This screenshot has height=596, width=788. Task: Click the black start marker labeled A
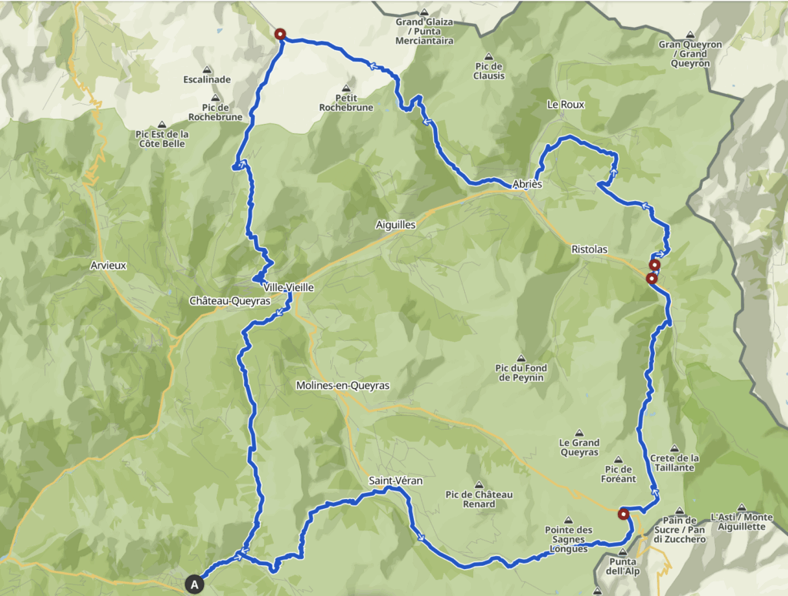tap(195, 584)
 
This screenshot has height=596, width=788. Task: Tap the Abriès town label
tap(527, 184)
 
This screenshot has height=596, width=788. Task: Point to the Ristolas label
tap(589, 249)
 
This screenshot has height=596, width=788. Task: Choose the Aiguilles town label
tap(396, 224)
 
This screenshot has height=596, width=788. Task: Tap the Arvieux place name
tap(108, 265)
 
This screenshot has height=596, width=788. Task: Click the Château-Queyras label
tap(229, 301)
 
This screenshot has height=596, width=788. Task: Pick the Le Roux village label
tap(566, 104)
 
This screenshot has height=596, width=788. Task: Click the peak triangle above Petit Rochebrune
tap(346, 88)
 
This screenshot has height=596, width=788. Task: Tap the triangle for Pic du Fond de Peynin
tap(521, 358)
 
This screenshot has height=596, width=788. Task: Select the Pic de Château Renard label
tap(479, 499)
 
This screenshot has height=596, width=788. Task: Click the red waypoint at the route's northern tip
tap(280, 34)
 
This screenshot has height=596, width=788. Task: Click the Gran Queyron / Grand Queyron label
tap(690, 49)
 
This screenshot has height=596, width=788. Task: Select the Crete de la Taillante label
tap(673, 463)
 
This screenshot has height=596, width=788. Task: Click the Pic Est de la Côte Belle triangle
tap(162, 123)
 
